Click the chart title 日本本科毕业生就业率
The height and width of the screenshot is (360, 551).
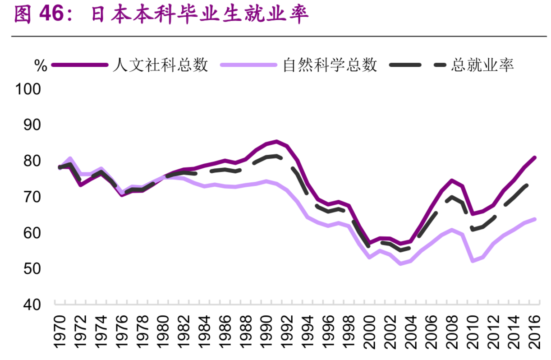(200, 15)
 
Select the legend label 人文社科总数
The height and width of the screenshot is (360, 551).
(161, 65)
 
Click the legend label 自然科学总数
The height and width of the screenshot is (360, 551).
(330, 65)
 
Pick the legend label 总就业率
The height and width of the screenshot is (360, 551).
(482, 65)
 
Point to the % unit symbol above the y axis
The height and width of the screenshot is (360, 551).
(41, 66)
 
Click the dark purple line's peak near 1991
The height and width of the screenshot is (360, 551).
(276, 142)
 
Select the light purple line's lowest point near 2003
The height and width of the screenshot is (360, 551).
(400, 263)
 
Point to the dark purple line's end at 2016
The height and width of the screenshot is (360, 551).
(535, 157)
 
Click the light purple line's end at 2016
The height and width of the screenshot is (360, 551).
(535, 219)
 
